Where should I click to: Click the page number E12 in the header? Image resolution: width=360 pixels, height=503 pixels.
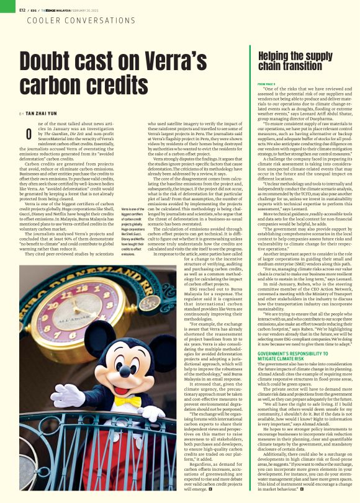click(22, 10)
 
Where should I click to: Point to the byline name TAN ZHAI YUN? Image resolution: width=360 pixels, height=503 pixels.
click(43, 114)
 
